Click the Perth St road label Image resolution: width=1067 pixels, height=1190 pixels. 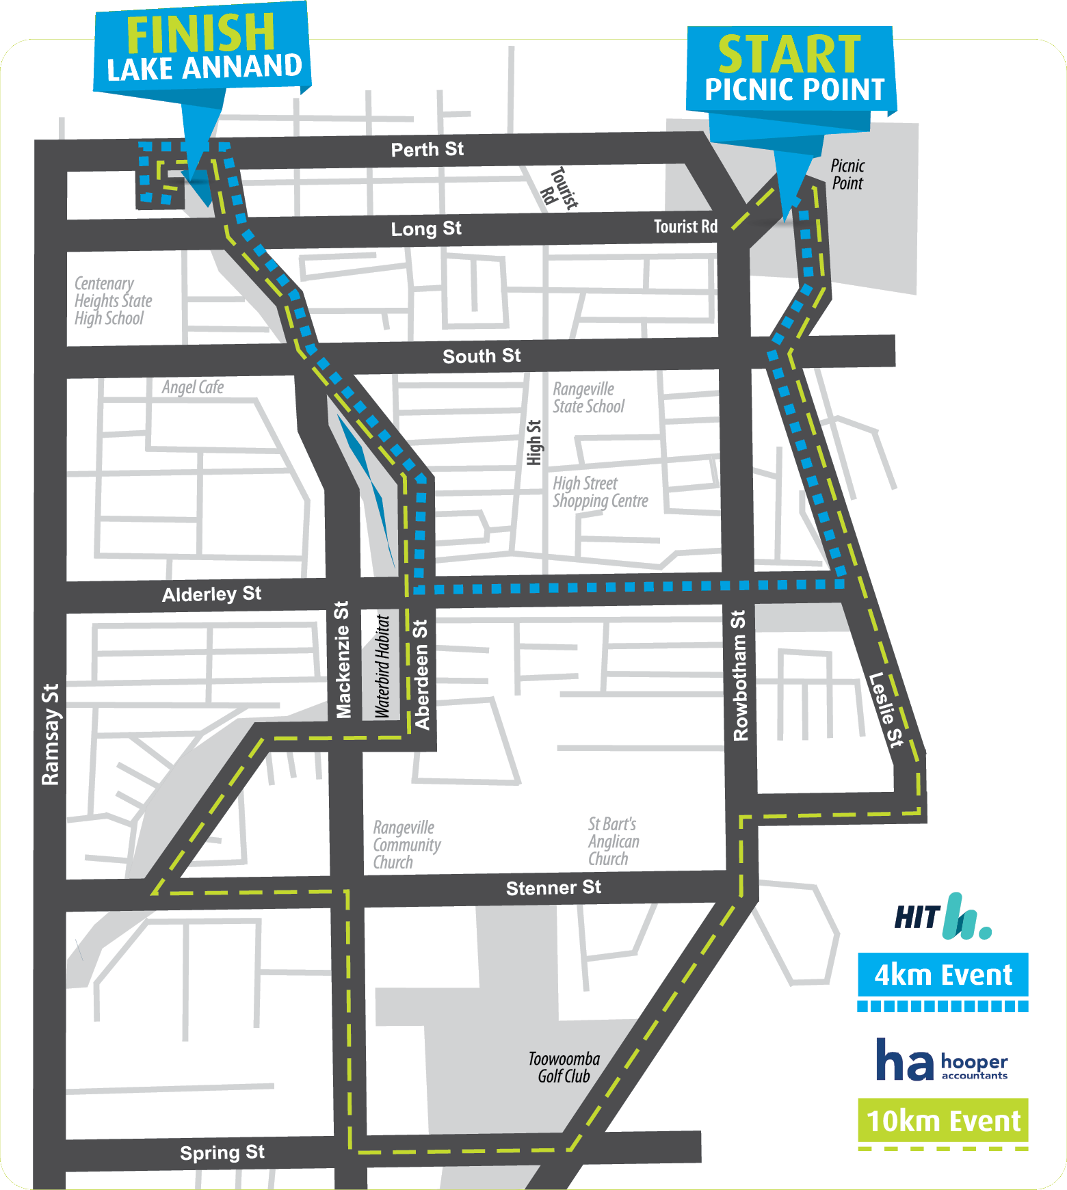point(427,150)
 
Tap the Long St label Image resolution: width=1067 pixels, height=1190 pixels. point(425,229)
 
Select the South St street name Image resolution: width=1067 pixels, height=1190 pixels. point(482,356)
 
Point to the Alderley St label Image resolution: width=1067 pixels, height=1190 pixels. point(211,594)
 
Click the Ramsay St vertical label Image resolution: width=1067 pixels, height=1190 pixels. point(51,734)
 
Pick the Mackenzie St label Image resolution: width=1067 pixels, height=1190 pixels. point(343,660)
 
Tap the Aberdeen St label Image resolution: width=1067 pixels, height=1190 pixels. point(421,674)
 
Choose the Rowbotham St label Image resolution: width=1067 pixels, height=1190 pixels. point(740,676)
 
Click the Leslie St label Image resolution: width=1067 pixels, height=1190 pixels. point(886,709)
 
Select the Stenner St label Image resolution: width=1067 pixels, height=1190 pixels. point(553,888)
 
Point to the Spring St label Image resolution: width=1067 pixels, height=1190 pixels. point(222,1152)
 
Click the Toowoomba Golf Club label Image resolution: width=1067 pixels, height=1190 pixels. point(564,1068)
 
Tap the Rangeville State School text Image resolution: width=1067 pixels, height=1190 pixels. point(588,398)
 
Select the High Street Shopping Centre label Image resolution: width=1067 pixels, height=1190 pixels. point(600,492)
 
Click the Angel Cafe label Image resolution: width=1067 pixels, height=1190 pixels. point(193,388)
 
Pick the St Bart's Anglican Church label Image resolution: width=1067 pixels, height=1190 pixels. point(614,841)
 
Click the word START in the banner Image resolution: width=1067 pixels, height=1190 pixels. point(789,55)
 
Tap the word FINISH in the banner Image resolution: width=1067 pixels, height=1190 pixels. point(200,34)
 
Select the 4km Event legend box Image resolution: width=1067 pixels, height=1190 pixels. point(943,975)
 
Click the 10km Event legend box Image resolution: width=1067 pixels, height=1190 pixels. point(943,1121)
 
